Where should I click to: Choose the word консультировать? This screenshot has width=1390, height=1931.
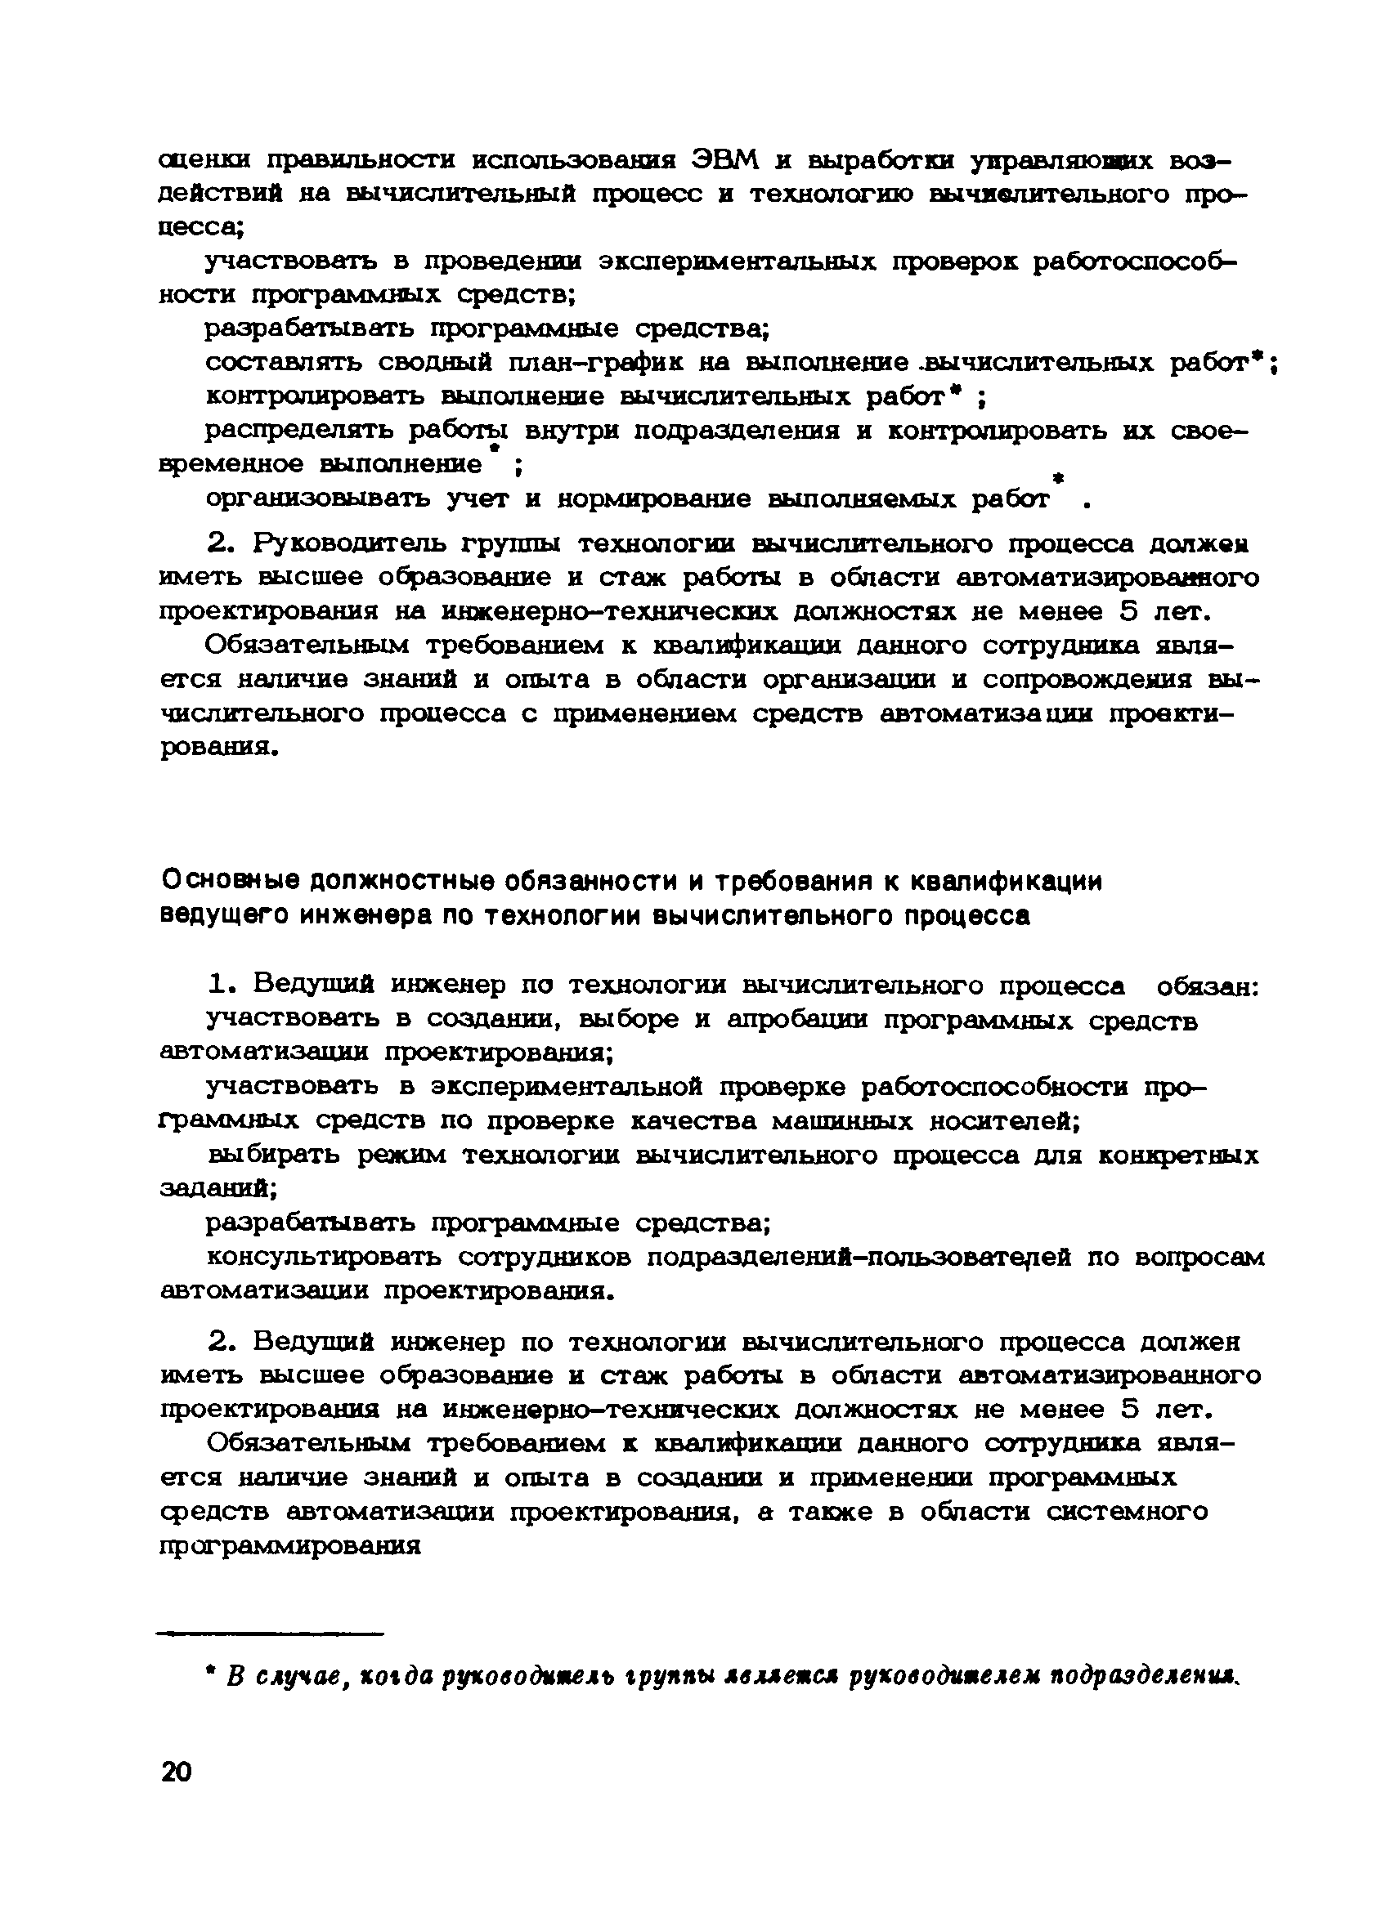325,1258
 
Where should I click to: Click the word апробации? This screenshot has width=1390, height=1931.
799,1020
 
